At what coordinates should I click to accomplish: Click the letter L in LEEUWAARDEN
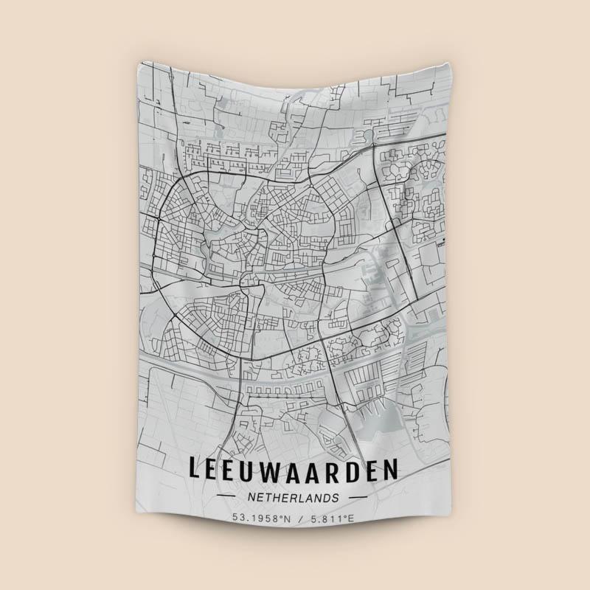pos(195,470)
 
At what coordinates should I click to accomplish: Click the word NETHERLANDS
pos(294,498)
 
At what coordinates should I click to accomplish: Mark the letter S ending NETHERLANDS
pos(336,498)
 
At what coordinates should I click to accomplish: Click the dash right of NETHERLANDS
pos(358,499)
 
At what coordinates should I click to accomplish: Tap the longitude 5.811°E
pos(332,518)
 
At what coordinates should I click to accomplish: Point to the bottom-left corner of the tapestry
pos(139,535)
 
